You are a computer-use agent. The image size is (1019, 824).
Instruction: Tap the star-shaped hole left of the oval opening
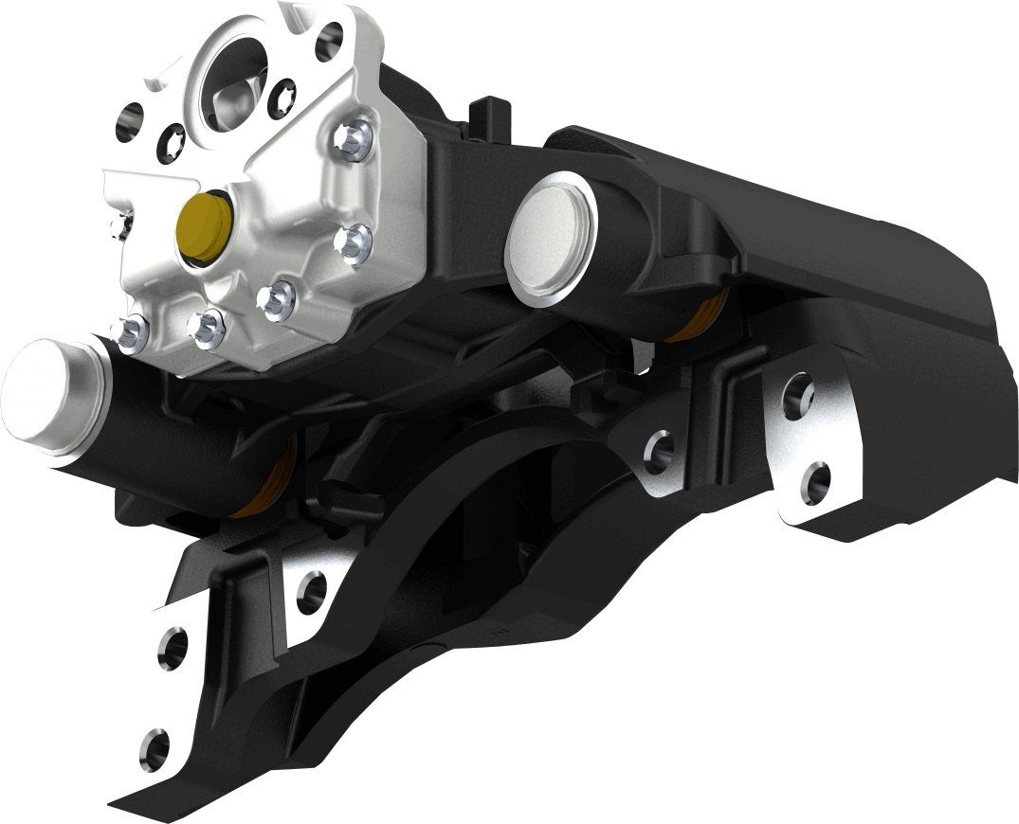[x=173, y=135]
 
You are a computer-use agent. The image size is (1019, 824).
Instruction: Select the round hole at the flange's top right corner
[x=329, y=41]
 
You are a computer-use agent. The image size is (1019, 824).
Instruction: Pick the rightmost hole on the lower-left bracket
[x=311, y=593]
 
